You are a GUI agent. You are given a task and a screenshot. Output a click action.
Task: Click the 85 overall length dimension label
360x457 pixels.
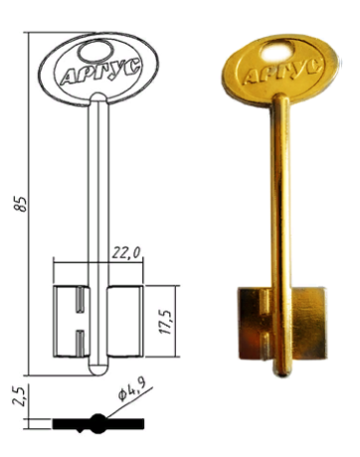21,204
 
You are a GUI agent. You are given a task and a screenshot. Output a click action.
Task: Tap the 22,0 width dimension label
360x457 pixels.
126,253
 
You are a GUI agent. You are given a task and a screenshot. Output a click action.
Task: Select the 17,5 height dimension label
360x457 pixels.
166,321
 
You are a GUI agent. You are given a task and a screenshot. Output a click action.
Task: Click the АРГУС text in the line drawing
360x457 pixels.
100,73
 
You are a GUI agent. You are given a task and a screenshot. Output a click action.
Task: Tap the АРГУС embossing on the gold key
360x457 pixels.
282,72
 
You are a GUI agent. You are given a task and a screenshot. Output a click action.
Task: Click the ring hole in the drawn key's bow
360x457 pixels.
95,53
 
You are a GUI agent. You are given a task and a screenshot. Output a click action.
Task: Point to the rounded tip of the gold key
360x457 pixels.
281,373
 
